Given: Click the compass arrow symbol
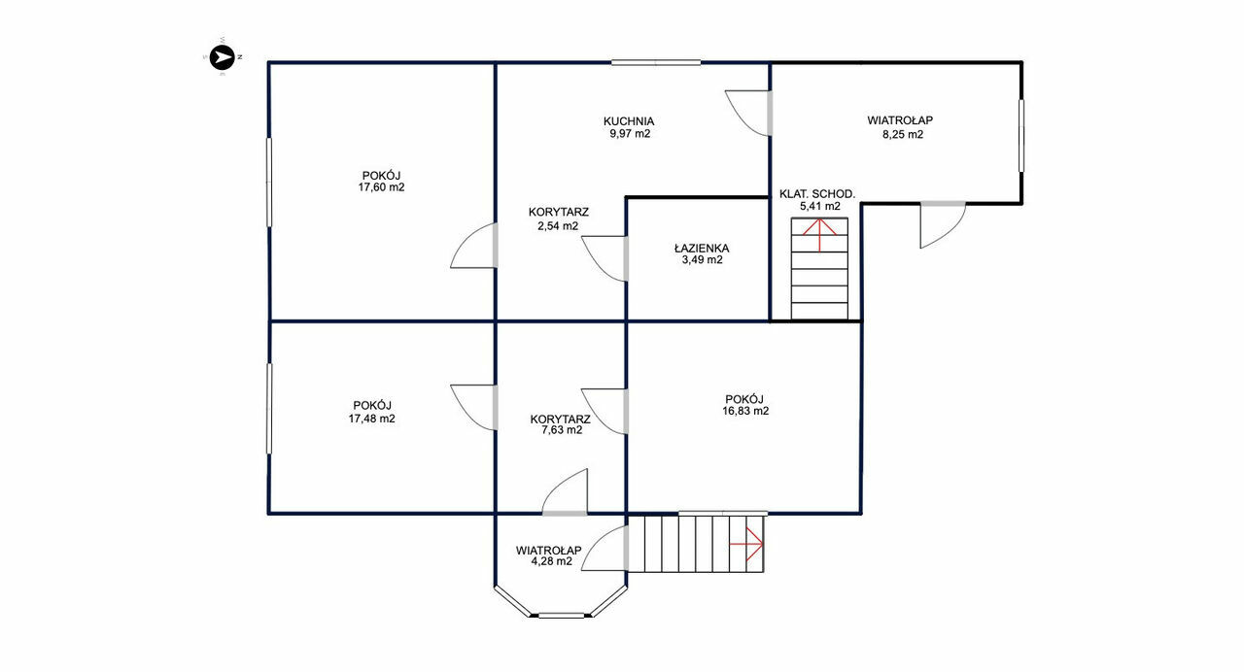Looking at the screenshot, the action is coord(223,56).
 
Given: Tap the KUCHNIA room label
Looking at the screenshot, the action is coord(629,121).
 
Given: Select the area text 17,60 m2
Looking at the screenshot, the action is coord(381,187).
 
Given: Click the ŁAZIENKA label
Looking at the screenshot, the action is coord(702,248).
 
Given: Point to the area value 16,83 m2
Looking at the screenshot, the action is coord(745,411).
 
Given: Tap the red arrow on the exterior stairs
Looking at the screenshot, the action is coord(746,544).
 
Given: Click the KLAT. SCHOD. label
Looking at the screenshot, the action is coord(817,193).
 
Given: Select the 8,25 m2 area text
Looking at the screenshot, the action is coord(903,134).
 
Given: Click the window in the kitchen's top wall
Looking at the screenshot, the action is coord(656,63).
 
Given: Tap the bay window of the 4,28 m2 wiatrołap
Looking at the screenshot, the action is coord(561,616).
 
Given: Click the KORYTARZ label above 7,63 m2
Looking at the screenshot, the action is coord(560,419).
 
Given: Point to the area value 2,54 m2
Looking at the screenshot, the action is coord(558,226).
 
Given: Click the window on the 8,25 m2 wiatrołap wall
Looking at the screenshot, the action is coord(1021,135).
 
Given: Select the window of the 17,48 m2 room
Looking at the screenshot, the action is coord(269,409).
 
